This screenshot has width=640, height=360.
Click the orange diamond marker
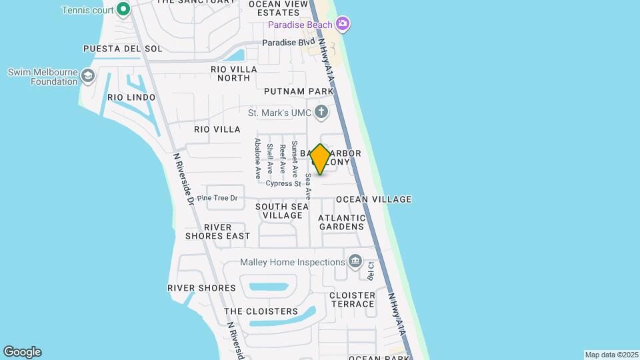coord(321,159)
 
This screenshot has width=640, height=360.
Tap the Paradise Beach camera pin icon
coord(343,25)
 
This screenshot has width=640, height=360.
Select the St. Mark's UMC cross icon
coord(321,112)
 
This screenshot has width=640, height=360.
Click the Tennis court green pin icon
coord(123,9)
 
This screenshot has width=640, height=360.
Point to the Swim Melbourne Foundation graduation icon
coord(87,76)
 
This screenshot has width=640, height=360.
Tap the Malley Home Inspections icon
coord(355,261)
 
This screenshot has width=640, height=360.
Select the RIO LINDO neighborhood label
coord(131,97)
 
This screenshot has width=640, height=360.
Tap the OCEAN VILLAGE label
coord(373,199)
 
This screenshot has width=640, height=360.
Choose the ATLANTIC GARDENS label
coord(342,222)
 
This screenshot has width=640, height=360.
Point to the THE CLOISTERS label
coord(261,311)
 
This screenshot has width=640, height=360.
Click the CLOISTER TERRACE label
coord(352,299)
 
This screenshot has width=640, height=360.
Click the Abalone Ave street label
coord(257,160)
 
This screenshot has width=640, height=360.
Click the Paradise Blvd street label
coord(288,43)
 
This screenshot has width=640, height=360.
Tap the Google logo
coord(22,352)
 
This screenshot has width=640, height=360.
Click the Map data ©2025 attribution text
coord(611,355)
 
